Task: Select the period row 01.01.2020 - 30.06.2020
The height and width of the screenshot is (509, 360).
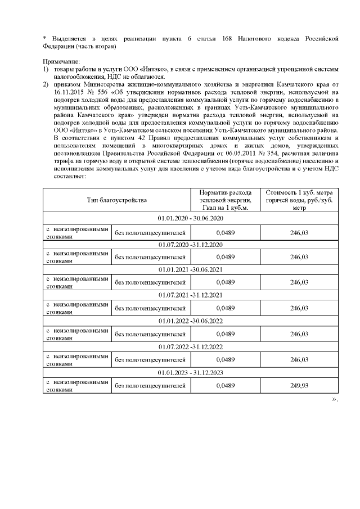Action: (x=191, y=218)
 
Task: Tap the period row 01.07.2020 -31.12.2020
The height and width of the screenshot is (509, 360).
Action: (x=191, y=244)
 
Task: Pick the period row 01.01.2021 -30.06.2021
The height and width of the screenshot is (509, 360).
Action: (x=191, y=270)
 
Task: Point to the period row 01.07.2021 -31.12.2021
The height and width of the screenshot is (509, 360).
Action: (x=191, y=295)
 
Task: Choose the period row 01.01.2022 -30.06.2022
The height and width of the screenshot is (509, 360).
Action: (x=191, y=321)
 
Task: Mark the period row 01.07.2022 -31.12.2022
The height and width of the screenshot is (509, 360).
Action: (x=191, y=347)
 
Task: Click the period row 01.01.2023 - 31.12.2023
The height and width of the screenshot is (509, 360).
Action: (x=191, y=373)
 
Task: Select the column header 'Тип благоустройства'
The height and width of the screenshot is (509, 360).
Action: (x=116, y=200)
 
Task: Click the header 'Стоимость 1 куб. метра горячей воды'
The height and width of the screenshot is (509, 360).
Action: (x=299, y=200)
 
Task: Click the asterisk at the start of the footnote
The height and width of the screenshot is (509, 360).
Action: (x=44, y=38)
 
